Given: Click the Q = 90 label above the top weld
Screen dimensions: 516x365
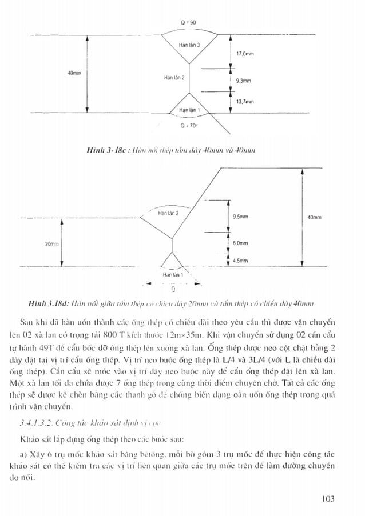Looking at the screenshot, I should point(189,21).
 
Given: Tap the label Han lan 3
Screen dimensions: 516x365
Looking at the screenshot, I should point(189,45).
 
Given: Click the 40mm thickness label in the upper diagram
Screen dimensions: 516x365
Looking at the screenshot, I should point(74,73).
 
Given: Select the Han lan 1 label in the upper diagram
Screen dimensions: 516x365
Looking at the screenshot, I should point(189,108).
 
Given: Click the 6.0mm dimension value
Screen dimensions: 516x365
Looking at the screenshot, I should point(241,243).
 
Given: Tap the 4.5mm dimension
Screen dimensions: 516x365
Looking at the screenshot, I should point(241,260).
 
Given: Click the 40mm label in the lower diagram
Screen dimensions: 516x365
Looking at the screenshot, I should point(314,217).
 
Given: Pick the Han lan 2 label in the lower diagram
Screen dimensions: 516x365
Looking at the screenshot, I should point(168,213).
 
